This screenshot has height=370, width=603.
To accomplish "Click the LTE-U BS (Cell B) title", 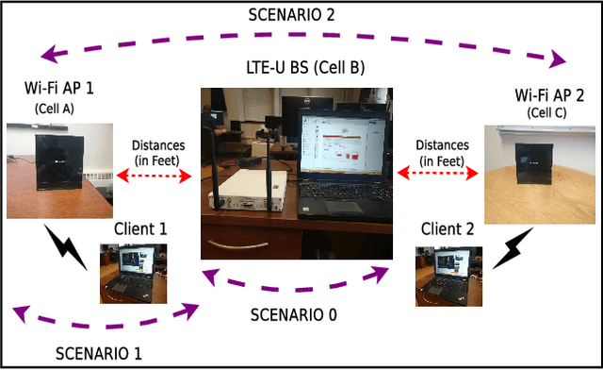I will [301, 71].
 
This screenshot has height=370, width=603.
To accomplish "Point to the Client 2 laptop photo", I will [448, 276].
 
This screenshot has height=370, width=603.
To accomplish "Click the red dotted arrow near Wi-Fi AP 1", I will [155, 174].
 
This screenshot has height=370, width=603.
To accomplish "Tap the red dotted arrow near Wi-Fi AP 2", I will [439, 175].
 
